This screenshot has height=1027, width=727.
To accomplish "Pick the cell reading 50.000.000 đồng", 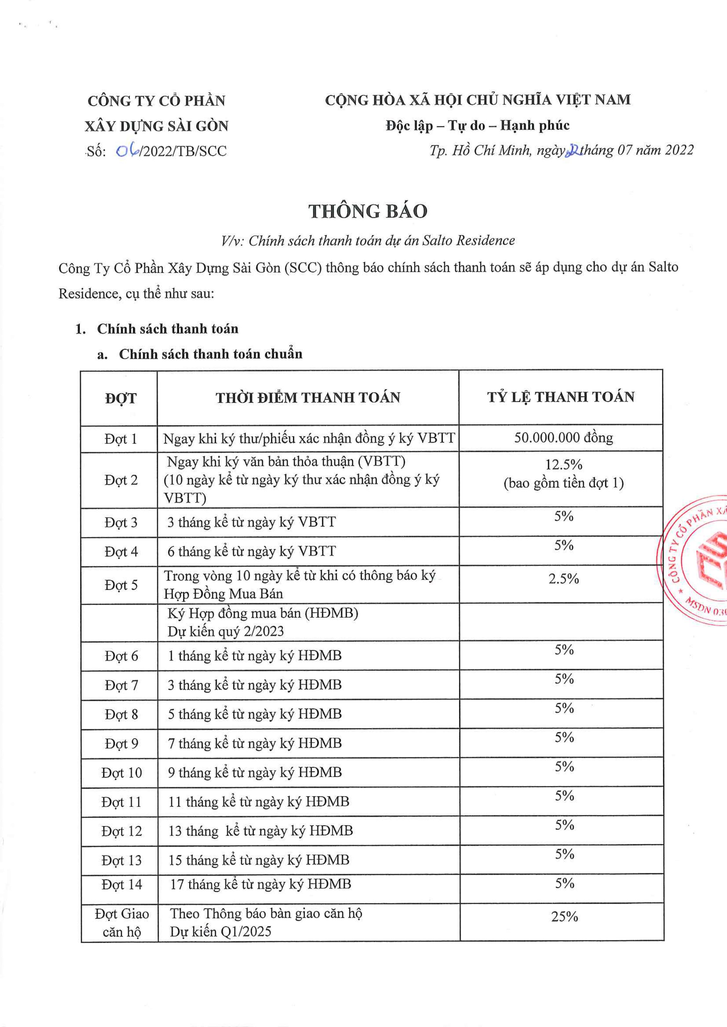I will pos(563,438).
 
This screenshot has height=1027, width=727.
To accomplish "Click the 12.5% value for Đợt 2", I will pos(564,465).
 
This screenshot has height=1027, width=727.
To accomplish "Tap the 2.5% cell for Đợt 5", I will pos(564,579).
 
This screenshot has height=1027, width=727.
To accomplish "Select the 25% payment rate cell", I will pos(564,917).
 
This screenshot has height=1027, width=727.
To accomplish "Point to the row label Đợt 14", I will pos(121,884).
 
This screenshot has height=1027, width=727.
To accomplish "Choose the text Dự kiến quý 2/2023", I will pos(226,631).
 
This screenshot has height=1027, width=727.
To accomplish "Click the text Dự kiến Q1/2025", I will pos(221,931).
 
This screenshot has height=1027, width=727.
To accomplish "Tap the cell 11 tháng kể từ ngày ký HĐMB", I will pos(258,802).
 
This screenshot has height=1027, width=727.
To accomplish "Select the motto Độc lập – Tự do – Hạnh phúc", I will pos(477,126).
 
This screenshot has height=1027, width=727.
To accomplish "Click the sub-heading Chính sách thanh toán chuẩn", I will pos(210,354).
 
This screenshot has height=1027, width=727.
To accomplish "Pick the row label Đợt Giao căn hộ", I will pos(121,922).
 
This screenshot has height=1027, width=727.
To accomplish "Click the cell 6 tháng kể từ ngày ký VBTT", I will pos(251,551).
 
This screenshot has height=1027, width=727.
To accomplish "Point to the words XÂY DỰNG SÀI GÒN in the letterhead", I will pos(157,126).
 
